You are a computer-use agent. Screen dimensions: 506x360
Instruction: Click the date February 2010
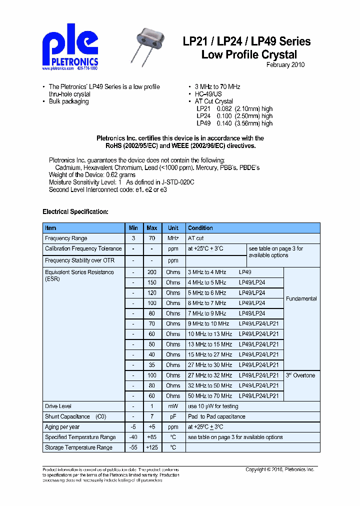[285, 65]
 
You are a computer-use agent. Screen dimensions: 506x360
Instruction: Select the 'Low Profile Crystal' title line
[249, 54]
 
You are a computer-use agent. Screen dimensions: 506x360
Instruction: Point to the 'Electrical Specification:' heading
[75, 211]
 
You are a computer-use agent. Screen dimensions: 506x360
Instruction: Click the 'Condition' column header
[200, 228]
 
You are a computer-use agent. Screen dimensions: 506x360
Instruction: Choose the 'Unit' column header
[173, 228]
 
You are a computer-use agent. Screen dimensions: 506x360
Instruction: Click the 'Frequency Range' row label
[66, 238]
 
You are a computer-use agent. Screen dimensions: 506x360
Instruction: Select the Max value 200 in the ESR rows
[152, 272]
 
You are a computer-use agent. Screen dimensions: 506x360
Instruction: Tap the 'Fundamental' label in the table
[301, 298]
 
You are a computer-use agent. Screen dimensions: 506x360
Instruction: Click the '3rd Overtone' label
[300, 375]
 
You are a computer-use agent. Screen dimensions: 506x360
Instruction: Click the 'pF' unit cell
[173, 416]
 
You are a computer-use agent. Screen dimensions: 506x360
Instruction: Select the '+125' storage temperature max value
[152, 447]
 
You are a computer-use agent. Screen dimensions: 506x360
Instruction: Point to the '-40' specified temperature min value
[133, 437]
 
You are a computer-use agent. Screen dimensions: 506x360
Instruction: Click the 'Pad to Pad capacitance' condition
[216, 416]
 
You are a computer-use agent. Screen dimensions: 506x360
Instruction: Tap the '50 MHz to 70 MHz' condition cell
[209, 396]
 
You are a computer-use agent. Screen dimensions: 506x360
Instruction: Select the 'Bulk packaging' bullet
[68, 101]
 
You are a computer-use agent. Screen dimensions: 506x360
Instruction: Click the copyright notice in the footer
[279, 469]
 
